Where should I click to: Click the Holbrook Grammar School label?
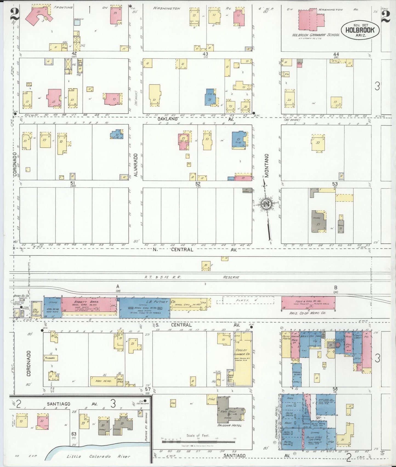coord(316,35)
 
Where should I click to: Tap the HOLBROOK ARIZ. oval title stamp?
coord(360,30)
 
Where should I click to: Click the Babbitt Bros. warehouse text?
coord(89,301)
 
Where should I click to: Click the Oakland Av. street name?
coord(168,119)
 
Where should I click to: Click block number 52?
coord(198,184)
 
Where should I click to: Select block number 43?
coord(205,54)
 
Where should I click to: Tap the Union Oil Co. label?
coord(21,296)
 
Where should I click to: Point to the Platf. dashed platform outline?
coord(248,300)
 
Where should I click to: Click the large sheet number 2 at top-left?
coord(15,14)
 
